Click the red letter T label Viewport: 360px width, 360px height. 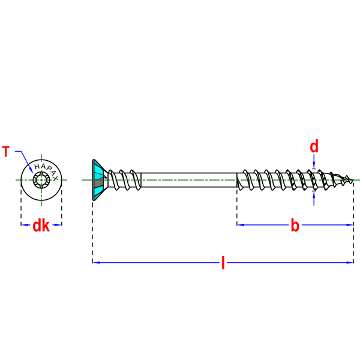[6, 151]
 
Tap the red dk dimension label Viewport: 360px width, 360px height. [41, 226]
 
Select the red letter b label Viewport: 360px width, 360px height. [295, 225]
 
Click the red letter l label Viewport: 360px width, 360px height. [223, 263]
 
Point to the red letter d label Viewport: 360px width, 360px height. [314, 146]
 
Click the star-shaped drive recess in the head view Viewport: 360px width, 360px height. [41, 180]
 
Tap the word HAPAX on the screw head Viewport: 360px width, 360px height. [46, 171]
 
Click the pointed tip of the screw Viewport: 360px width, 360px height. [353, 181]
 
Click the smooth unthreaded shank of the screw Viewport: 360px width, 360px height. [189, 180]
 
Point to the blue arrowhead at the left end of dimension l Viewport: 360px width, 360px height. [97, 262]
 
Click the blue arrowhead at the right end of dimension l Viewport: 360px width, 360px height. [350, 262]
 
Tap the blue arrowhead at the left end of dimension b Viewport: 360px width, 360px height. [241, 225]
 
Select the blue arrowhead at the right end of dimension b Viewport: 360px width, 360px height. [350, 225]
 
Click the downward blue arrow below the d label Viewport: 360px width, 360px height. [314, 161]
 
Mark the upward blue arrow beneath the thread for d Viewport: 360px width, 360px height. [314, 198]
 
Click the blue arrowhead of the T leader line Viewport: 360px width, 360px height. [31, 170]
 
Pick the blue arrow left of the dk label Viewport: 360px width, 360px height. [26, 225]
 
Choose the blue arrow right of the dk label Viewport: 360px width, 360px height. [57, 225]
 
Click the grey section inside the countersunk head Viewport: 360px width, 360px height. [98, 183]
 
